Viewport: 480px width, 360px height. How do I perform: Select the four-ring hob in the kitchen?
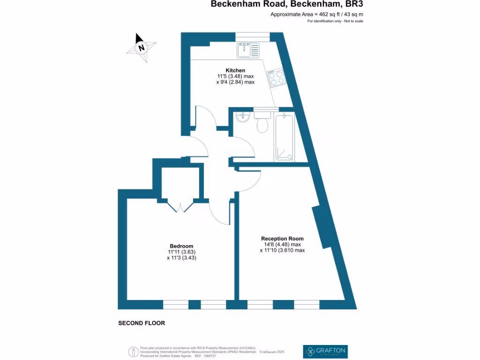276,78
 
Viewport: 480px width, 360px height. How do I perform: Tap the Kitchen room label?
235,70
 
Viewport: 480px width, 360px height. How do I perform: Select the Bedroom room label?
181,246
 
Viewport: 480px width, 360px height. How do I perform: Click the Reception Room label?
282,239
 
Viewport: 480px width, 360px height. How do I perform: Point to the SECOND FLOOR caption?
142,323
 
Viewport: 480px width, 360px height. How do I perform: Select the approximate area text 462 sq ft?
317,14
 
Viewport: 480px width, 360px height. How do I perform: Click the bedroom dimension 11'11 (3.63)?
181,252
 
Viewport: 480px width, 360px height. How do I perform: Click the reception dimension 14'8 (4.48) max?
282,244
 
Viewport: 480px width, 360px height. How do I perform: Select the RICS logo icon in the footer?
133,351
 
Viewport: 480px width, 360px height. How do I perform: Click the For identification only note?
335,21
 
